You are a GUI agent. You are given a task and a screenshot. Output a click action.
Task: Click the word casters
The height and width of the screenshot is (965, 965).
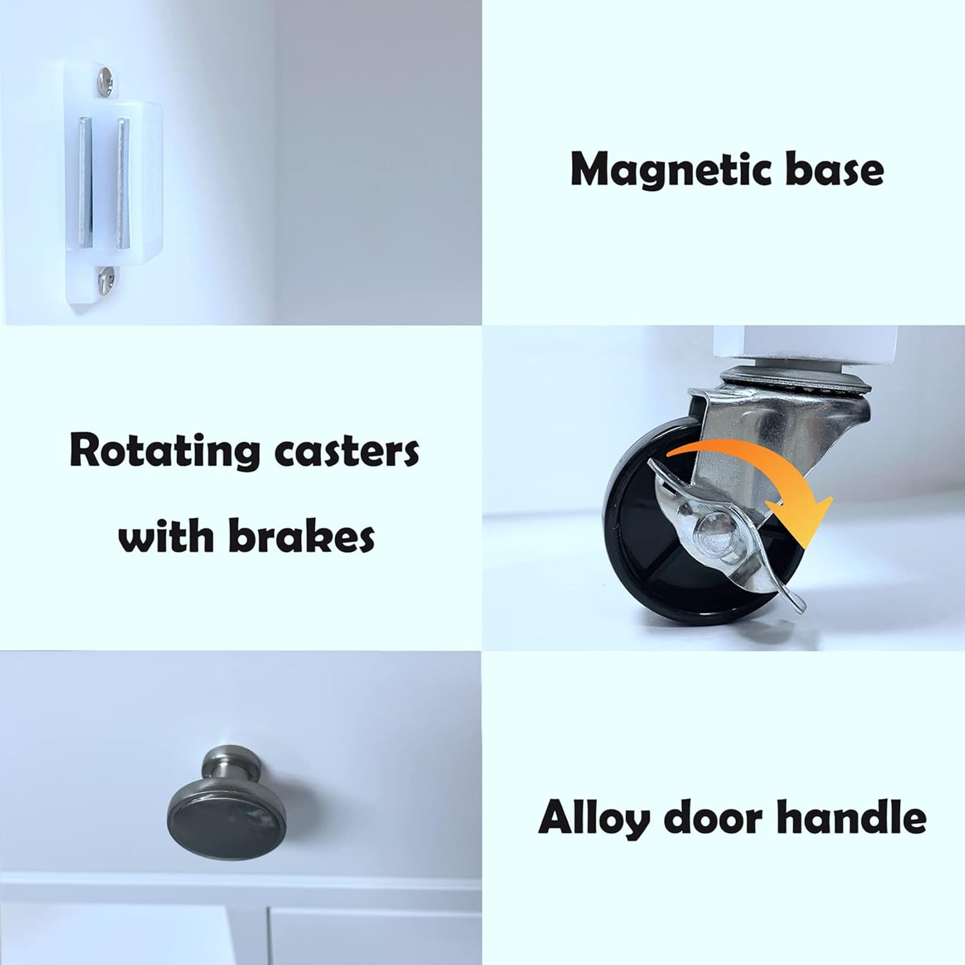tap(347, 451)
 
